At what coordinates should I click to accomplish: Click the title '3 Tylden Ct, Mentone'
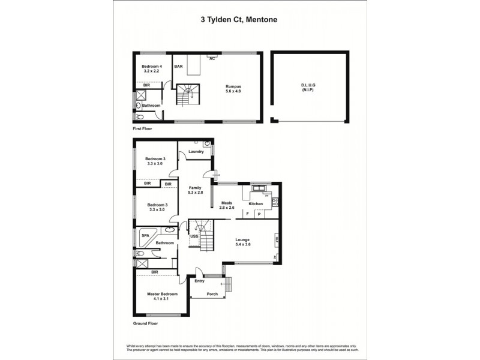238,19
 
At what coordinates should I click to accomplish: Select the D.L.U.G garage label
308,86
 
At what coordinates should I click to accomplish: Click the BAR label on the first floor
178,67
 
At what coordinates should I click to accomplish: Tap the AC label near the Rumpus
211,59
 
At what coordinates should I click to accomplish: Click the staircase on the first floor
187,95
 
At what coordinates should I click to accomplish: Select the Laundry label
196,152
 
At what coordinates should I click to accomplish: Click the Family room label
196,187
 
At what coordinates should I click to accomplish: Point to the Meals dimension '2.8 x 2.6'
227,208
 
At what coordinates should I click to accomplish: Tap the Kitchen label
256,204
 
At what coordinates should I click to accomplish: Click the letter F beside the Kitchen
247,214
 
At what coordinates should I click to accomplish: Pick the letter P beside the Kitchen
259,214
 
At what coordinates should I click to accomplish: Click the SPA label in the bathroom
145,236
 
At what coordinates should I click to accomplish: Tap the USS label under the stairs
194,236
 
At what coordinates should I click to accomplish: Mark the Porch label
211,294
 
